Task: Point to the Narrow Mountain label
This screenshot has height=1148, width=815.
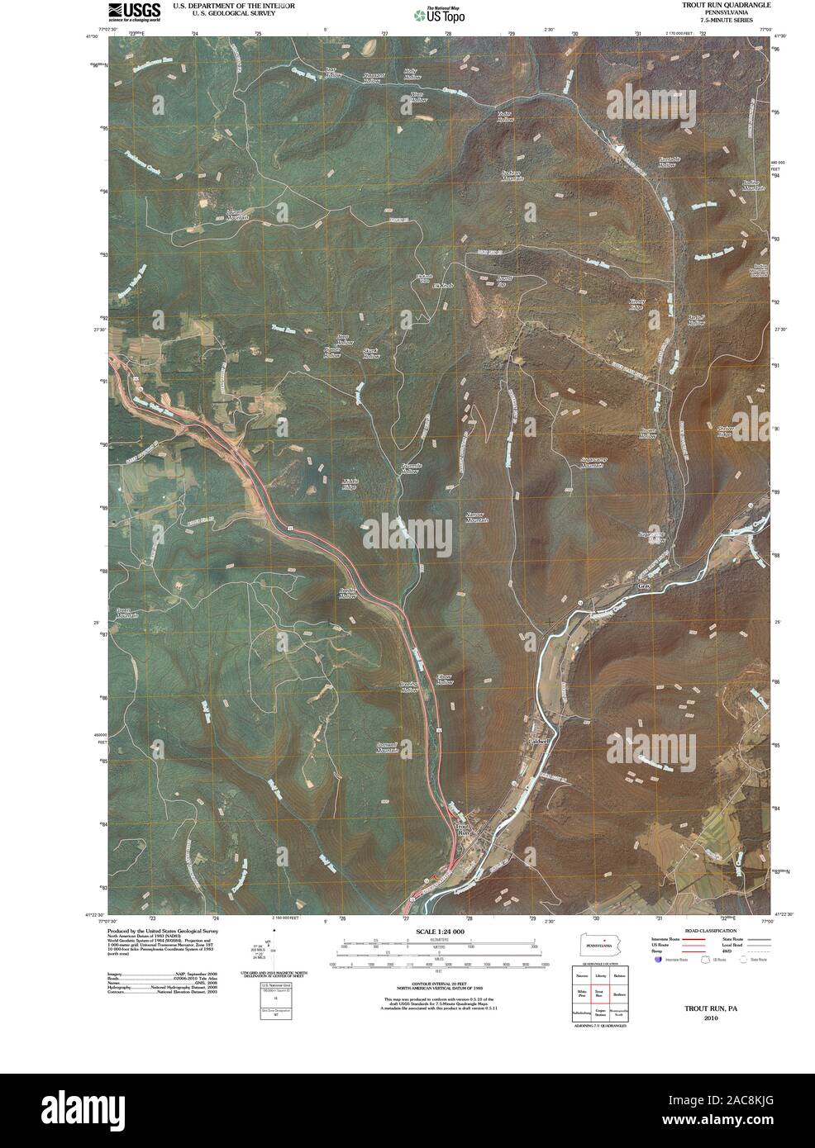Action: pos(477,517)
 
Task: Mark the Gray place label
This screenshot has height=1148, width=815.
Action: pos(645,586)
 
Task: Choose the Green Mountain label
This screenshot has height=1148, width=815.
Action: pos(127,613)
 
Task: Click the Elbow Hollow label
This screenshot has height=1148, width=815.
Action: pos(445,679)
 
